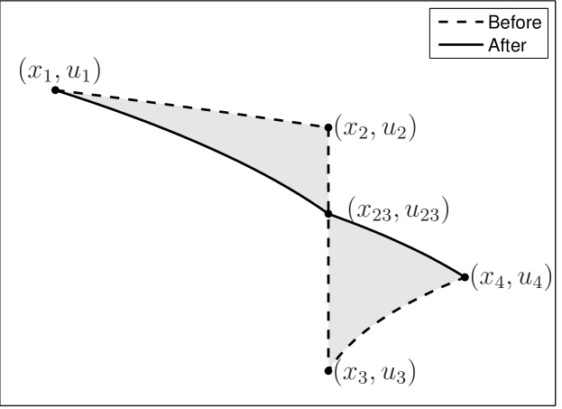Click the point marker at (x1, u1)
[55, 90]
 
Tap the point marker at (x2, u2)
[327, 127]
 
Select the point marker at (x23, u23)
[327, 214]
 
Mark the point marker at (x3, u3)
[327, 370]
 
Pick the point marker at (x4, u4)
[465, 276]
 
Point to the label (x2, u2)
[374, 129]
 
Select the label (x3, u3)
[374, 371]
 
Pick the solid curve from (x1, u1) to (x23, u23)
[198, 144]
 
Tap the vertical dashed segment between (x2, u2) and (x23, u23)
[327, 172]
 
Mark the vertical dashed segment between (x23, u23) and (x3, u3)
[327, 289]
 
